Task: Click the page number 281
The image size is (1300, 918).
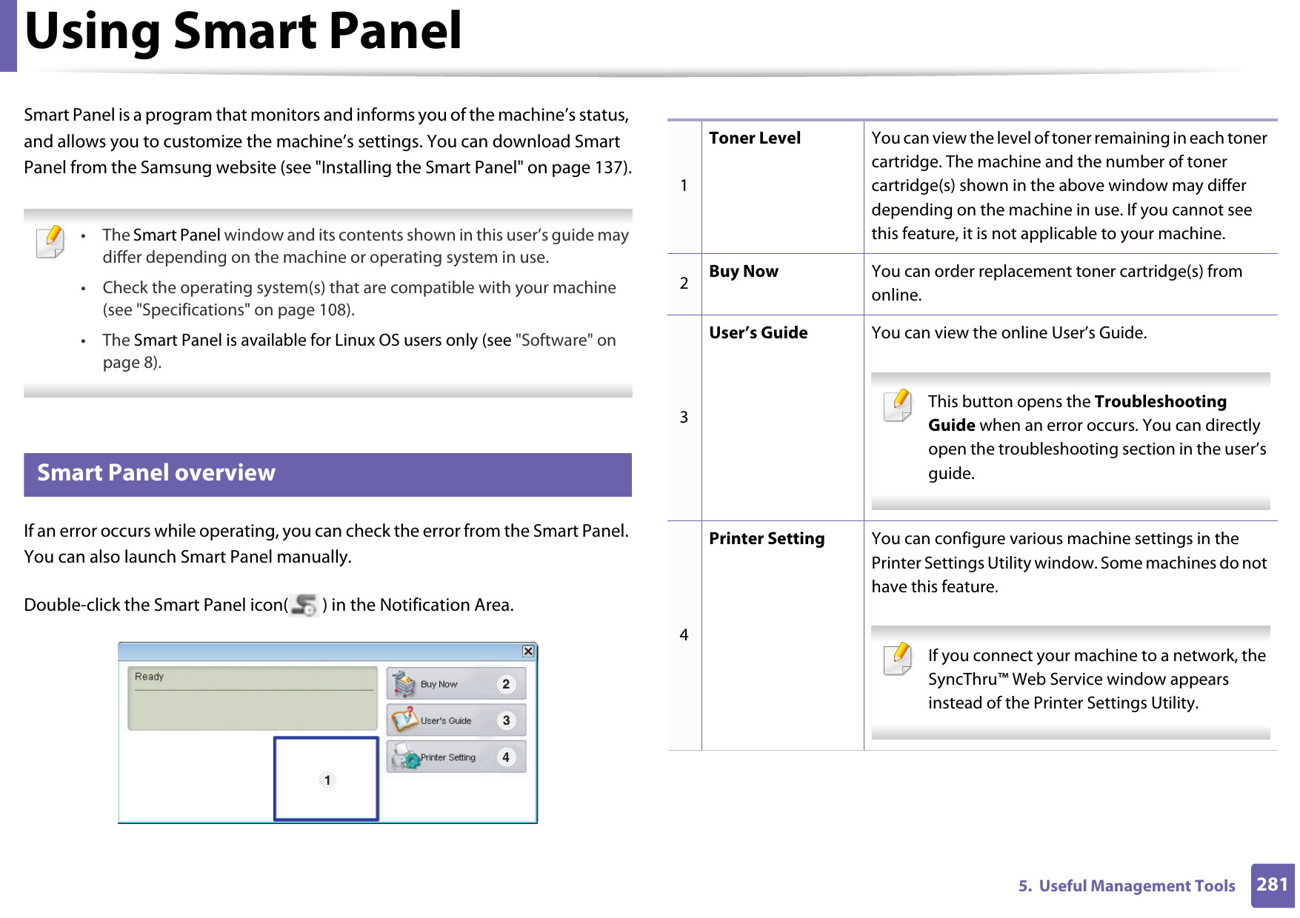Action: coord(1272,885)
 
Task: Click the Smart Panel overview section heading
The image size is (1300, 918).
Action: coord(156,473)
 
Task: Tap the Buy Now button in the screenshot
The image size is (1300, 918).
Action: coord(456,684)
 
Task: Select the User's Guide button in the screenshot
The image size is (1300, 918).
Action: coord(456,720)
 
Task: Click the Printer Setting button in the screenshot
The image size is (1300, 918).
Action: coord(456,757)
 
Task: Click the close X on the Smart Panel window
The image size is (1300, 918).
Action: coord(527,651)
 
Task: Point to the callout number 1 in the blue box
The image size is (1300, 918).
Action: coord(327,780)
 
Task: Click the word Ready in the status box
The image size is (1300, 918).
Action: coord(149,677)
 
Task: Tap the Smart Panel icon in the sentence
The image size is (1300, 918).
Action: coord(304,606)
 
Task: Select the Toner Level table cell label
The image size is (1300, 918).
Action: coord(754,138)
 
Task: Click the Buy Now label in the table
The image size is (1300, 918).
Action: coord(743,272)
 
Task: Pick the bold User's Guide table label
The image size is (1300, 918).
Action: coord(758,333)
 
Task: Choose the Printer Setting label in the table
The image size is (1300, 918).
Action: coord(766,539)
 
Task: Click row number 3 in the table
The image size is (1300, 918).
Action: coord(684,418)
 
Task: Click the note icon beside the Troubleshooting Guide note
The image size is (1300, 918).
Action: coord(898,405)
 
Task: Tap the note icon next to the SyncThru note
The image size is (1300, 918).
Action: coord(898,659)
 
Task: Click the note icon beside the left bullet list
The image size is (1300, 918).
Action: coord(50,241)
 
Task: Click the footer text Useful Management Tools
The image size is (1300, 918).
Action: coord(1136,886)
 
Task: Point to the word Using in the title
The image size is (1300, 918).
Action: coord(93,32)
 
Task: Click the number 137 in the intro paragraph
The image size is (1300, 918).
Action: coord(609,168)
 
